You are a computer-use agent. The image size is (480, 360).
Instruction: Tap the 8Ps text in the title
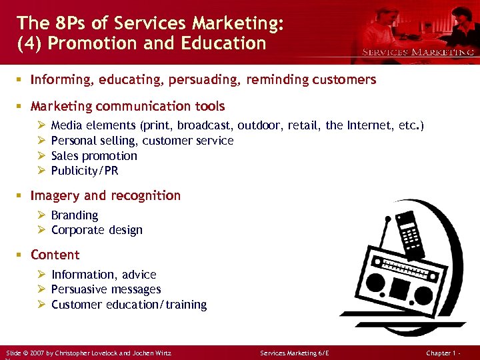pyautogui.click(x=69, y=23)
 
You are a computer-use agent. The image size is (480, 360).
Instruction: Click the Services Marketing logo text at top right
pyautogui.click(x=418, y=51)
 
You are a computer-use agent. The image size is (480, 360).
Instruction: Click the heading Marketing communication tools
pyautogui.click(x=128, y=106)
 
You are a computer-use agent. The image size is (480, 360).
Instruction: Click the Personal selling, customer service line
pyautogui.click(x=142, y=141)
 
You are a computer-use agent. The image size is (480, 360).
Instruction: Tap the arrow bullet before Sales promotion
pyautogui.click(x=41, y=156)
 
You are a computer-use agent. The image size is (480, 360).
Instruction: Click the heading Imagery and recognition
pyautogui.click(x=105, y=195)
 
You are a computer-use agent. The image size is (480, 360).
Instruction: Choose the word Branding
pyautogui.click(x=75, y=215)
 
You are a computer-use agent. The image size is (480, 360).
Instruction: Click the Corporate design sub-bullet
pyautogui.click(x=97, y=230)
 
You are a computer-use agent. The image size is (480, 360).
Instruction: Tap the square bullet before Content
pyautogui.click(x=21, y=255)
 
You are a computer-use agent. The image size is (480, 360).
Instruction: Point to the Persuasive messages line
pyautogui.click(x=106, y=289)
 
